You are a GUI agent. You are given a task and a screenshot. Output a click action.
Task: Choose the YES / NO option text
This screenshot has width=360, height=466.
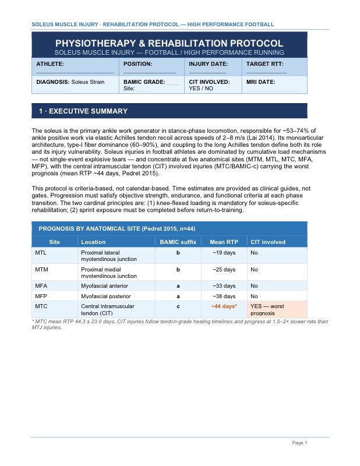(201, 89)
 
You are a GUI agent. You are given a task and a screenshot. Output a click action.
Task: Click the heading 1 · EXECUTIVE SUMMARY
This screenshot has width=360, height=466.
(83, 111)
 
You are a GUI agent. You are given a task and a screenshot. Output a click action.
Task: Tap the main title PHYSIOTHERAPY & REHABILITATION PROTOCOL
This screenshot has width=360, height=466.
(169, 44)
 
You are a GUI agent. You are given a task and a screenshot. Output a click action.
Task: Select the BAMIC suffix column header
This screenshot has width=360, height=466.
(178, 242)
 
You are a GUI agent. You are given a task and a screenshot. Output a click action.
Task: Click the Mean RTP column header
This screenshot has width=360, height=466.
(224, 242)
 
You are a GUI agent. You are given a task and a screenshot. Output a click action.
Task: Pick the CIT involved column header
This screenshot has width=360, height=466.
(267, 242)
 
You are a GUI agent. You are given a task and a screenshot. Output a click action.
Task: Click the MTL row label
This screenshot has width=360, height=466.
(41, 253)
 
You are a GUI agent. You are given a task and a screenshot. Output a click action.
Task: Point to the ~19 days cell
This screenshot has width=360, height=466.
(224, 253)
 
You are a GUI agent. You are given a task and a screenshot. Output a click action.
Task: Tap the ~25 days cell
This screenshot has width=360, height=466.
(224, 270)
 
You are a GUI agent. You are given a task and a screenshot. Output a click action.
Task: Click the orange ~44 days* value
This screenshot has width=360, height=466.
(224, 306)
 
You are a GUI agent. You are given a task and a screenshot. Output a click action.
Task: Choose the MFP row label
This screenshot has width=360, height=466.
(41, 296)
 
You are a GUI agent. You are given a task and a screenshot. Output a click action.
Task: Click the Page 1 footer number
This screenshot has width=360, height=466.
(299, 443)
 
